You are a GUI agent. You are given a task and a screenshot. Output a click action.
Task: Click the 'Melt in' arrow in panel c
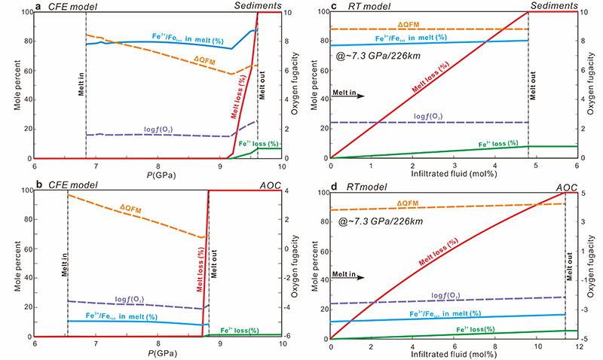coord(348,96)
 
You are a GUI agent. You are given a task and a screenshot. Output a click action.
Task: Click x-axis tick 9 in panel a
coord(219,166)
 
